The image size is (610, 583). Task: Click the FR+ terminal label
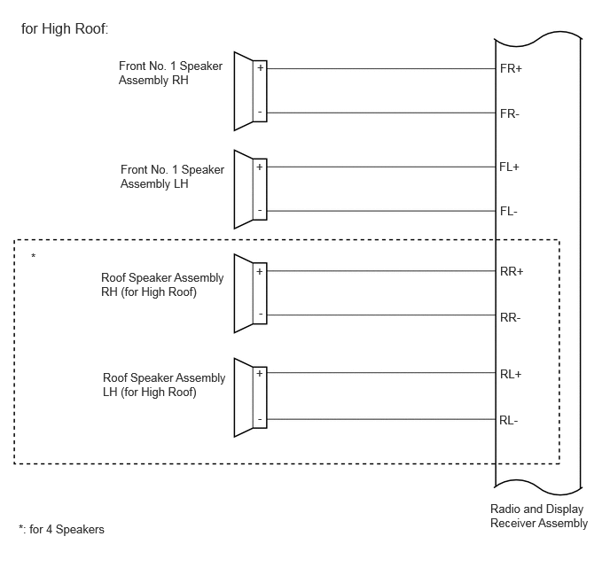click(x=511, y=69)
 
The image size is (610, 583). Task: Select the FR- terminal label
click(x=510, y=114)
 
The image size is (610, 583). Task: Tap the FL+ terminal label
click(x=509, y=167)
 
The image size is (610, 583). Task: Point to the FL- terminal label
click(x=509, y=212)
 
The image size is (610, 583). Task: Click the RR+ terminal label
click(x=512, y=271)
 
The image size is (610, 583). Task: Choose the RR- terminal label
click(x=511, y=317)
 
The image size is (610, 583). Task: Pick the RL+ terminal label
click(x=511, y=374)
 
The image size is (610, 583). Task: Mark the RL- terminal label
click(x=509, y=420)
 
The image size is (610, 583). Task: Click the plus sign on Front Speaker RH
click(x=261, y=68)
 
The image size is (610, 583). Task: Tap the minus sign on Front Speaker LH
click(x=260, y=210)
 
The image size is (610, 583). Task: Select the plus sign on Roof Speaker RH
click(x=260, y=271)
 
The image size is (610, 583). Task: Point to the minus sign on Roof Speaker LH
click(x=260, y=419)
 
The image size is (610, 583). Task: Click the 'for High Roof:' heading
click(x=65, y=28)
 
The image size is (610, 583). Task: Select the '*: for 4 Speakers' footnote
click(x=61, y=529)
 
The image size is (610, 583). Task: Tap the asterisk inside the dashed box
click(x=34, y=256)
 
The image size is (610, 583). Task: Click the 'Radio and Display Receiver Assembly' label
click(x=539, y=516)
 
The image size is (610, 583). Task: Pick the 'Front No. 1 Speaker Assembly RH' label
click(x=170, y=73)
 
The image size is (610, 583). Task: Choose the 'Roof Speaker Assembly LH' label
click(x=164, y=385)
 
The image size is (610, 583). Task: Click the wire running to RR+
click(x=381, y=271)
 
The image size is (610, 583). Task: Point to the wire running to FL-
click(x=381, y=211)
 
